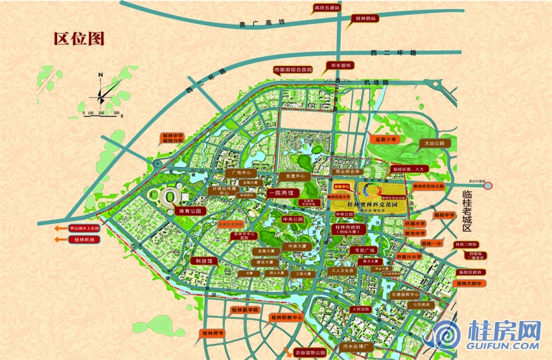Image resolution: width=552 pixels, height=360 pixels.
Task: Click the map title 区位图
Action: (x=79, y=38)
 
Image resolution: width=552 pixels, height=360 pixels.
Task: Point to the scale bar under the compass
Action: (x=102, y=113)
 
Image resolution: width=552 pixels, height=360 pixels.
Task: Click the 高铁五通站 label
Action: (x=326, y=8)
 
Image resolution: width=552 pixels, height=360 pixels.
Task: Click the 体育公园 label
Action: (x=190, y=210)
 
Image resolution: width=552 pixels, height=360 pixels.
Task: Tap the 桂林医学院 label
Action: (x=247, y=311)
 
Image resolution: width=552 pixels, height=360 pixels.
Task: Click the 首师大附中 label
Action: (x=470, y=283)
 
